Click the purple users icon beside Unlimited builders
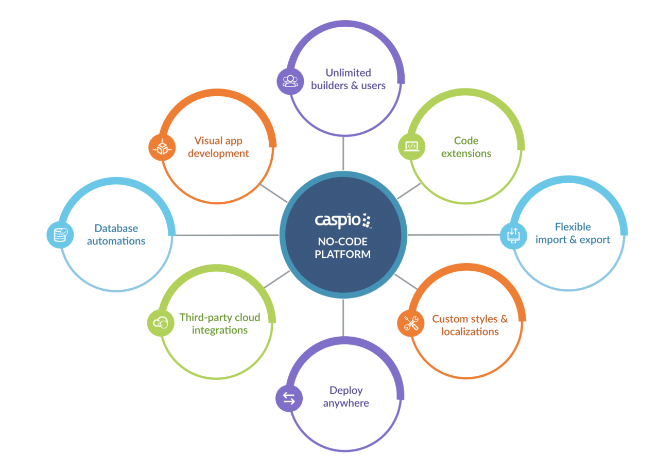click(290, 81)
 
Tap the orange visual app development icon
click(162, 147)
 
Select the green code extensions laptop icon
click(411, 146)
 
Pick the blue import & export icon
click(514, 235)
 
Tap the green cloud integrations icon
click(161, 323)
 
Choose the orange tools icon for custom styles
click(411, 323)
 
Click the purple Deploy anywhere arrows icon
click(289, 398)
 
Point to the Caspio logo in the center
click(343, 220)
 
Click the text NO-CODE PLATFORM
click(343, 248)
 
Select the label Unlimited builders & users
click(348, 79)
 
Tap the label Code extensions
click(466, 147)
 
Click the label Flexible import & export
click(573, 233)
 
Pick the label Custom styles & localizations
click(470, 325)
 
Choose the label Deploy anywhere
click(346, 396)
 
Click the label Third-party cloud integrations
click(220, 324)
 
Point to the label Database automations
click(116, 234)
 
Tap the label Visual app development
click(218, 147)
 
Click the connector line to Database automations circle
click(227, 235)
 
